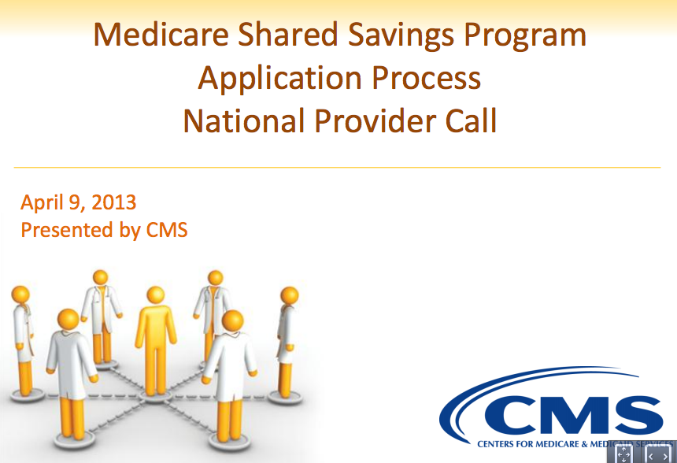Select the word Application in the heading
pyautogui.click(x=279, y=80)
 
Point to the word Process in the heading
pyautogui.click(x=427, y=78)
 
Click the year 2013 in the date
pyautogui.click(x=114, y=202)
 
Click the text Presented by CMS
pyautogui.click(x=104, y=230)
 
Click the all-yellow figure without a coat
pyautogui.click(x=155, y=341)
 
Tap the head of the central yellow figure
pyautogui.click(x=155, y=295)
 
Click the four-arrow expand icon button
pyautogui.click(x=624, y=454)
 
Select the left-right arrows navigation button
pyautogui.click(x=658, y=455)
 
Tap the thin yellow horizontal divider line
pyautogui.click(x=337, y=167)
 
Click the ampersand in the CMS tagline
pyautogui.click(x=585, y=444)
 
